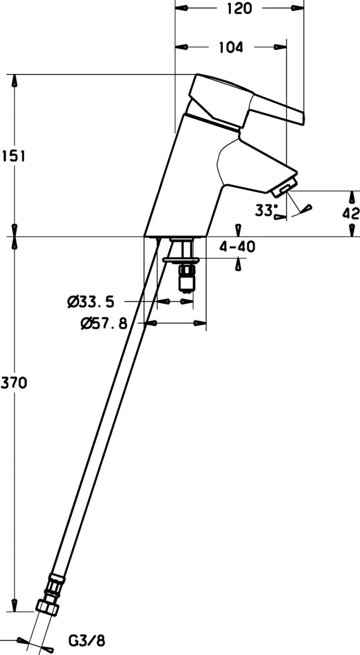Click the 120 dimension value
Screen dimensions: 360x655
pos(240,8)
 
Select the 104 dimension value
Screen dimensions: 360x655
pos(230,47)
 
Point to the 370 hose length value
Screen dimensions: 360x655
pos(14,383)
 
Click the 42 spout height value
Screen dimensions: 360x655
pos(350,213)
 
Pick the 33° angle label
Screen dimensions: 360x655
pos(267,210)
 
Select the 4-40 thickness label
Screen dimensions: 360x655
pos(237,247)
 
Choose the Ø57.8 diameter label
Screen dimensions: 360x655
pos(104,323)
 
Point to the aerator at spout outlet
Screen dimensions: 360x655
pos(284,187)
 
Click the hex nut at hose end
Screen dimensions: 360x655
pos(47,606)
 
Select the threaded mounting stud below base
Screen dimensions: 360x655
pos(185,278)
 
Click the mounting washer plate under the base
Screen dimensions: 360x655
pos(181,260)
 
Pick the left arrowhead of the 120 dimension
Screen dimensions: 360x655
pos(181,8)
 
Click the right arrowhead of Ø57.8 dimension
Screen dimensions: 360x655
pos(200,323)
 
